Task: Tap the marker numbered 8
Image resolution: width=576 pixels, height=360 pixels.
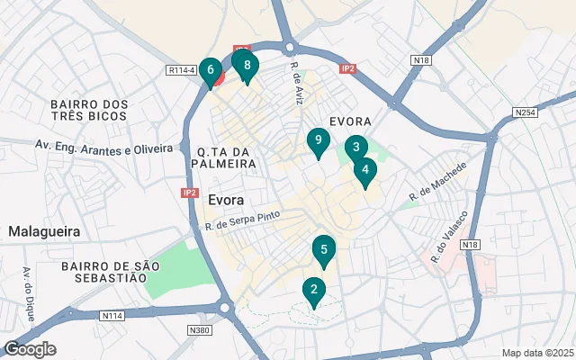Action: click(246, 65)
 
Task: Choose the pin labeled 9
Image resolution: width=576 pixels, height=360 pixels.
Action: click(316, 141)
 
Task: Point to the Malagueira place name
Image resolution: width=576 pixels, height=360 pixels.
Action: click(44, 231)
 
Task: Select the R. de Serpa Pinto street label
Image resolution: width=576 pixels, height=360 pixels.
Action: click(243, 220)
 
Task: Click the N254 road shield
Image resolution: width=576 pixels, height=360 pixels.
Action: click(526, 112)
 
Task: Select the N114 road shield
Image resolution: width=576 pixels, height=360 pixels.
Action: click(112, 315)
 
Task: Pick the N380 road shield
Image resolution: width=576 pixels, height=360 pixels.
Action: click(199, 330)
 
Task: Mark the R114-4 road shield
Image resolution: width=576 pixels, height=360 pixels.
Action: click(181, 69)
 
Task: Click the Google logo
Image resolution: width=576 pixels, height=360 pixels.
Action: click(30, 349)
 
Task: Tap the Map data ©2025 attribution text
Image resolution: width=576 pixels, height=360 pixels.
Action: click(536, 353)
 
